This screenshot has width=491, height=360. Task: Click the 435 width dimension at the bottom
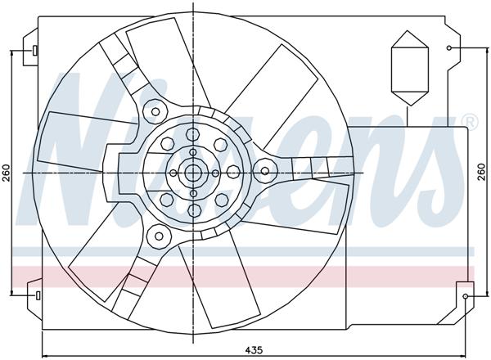(x=254, y=350)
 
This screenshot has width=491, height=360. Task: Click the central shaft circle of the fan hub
(x=192, y=173)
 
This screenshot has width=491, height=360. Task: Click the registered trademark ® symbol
(x=469, y=123)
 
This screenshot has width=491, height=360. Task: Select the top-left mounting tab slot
(x=36, y=51)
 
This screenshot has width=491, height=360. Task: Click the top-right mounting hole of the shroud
(x=449, y=48)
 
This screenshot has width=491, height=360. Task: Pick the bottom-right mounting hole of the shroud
(x=466, y=295)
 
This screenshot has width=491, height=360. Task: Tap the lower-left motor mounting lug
(x=155, y=236)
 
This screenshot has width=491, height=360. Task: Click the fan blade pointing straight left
(x=74, y=143)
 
